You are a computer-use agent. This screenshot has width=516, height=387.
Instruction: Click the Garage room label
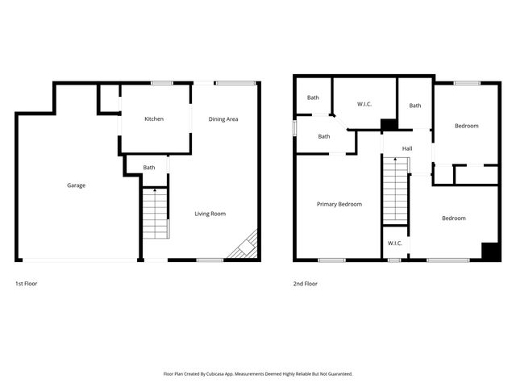tap(77, 185)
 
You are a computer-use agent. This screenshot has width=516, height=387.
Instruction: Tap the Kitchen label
tap(154, 119)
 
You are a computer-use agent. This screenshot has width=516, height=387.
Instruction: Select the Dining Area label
tap(223, 119)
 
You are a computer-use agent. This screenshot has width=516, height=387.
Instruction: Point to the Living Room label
tap(210, 214)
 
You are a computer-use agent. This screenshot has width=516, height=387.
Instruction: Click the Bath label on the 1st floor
tap(149, 168)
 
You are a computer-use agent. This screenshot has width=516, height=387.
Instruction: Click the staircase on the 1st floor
tap(156, 213)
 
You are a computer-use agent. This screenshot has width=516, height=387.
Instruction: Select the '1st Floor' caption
tap(26, 284)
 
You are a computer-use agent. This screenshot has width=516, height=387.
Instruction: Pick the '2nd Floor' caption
tap(306, 284)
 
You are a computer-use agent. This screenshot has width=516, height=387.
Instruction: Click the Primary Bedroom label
tap(339, 204)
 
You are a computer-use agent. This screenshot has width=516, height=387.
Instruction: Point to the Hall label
tap(407, 148)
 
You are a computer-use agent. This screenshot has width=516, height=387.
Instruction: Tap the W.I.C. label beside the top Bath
tap(364, 102)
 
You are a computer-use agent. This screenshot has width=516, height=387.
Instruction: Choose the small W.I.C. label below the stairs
tap(394, 243)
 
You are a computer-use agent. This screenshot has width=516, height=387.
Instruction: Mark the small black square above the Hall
tap(389, 125)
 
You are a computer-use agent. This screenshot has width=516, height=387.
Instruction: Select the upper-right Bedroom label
tap(466, 126)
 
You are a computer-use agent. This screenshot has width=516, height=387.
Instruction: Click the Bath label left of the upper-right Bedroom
tap(414, 106)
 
